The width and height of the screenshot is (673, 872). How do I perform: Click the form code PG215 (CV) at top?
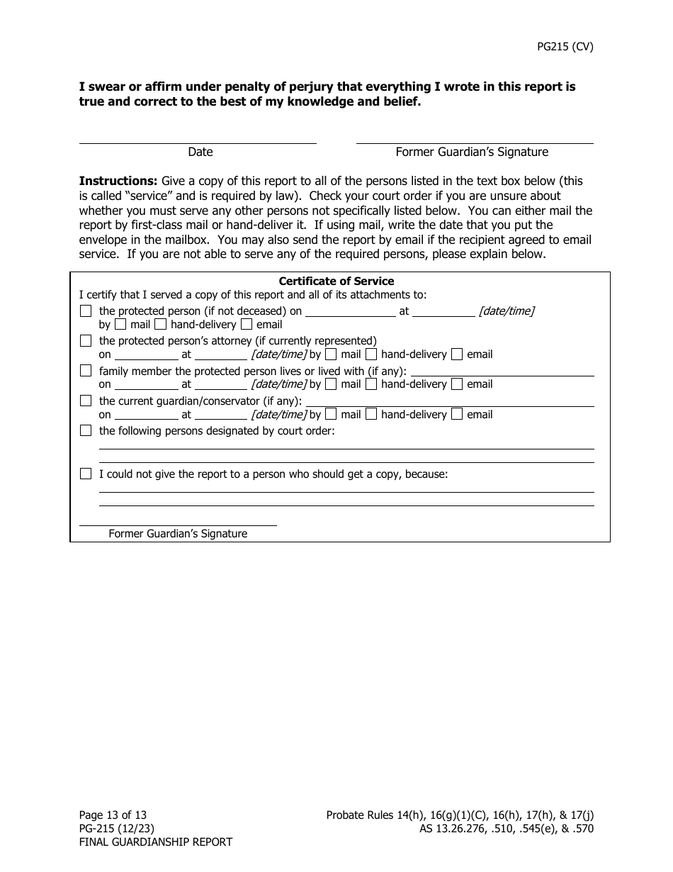pos(565,47)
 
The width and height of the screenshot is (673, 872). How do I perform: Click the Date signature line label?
pos(200,152)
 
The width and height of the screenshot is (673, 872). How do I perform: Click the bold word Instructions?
pos(118,181)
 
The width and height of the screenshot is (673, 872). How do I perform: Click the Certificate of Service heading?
pos(336,281)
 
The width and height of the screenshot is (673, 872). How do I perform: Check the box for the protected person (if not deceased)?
pos(86,311)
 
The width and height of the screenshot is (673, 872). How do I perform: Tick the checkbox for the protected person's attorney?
pos(86,340)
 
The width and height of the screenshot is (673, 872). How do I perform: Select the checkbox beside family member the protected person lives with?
pos(86,371)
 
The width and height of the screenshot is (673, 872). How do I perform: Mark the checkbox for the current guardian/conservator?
pos(86,401)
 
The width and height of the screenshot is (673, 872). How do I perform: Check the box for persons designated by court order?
pos(86,430)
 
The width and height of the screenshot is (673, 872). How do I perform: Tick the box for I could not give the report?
pos(86,474)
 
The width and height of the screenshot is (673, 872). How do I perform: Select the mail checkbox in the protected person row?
pos(120,325)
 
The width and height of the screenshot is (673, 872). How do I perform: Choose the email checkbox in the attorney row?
pos(457,354)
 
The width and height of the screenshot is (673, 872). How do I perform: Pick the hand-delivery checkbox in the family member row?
pos(371,384)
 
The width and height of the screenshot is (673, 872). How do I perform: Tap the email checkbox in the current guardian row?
pos(457,414)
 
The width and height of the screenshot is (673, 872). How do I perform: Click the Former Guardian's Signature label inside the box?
pos(178,533)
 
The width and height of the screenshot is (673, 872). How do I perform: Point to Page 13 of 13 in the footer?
pos(113,815)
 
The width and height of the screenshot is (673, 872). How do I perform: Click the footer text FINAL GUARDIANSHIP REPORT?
pos(155,842)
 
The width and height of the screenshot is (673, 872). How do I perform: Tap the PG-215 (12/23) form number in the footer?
pos(117,829)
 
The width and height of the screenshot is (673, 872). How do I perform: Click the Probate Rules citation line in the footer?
pos(460,815)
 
